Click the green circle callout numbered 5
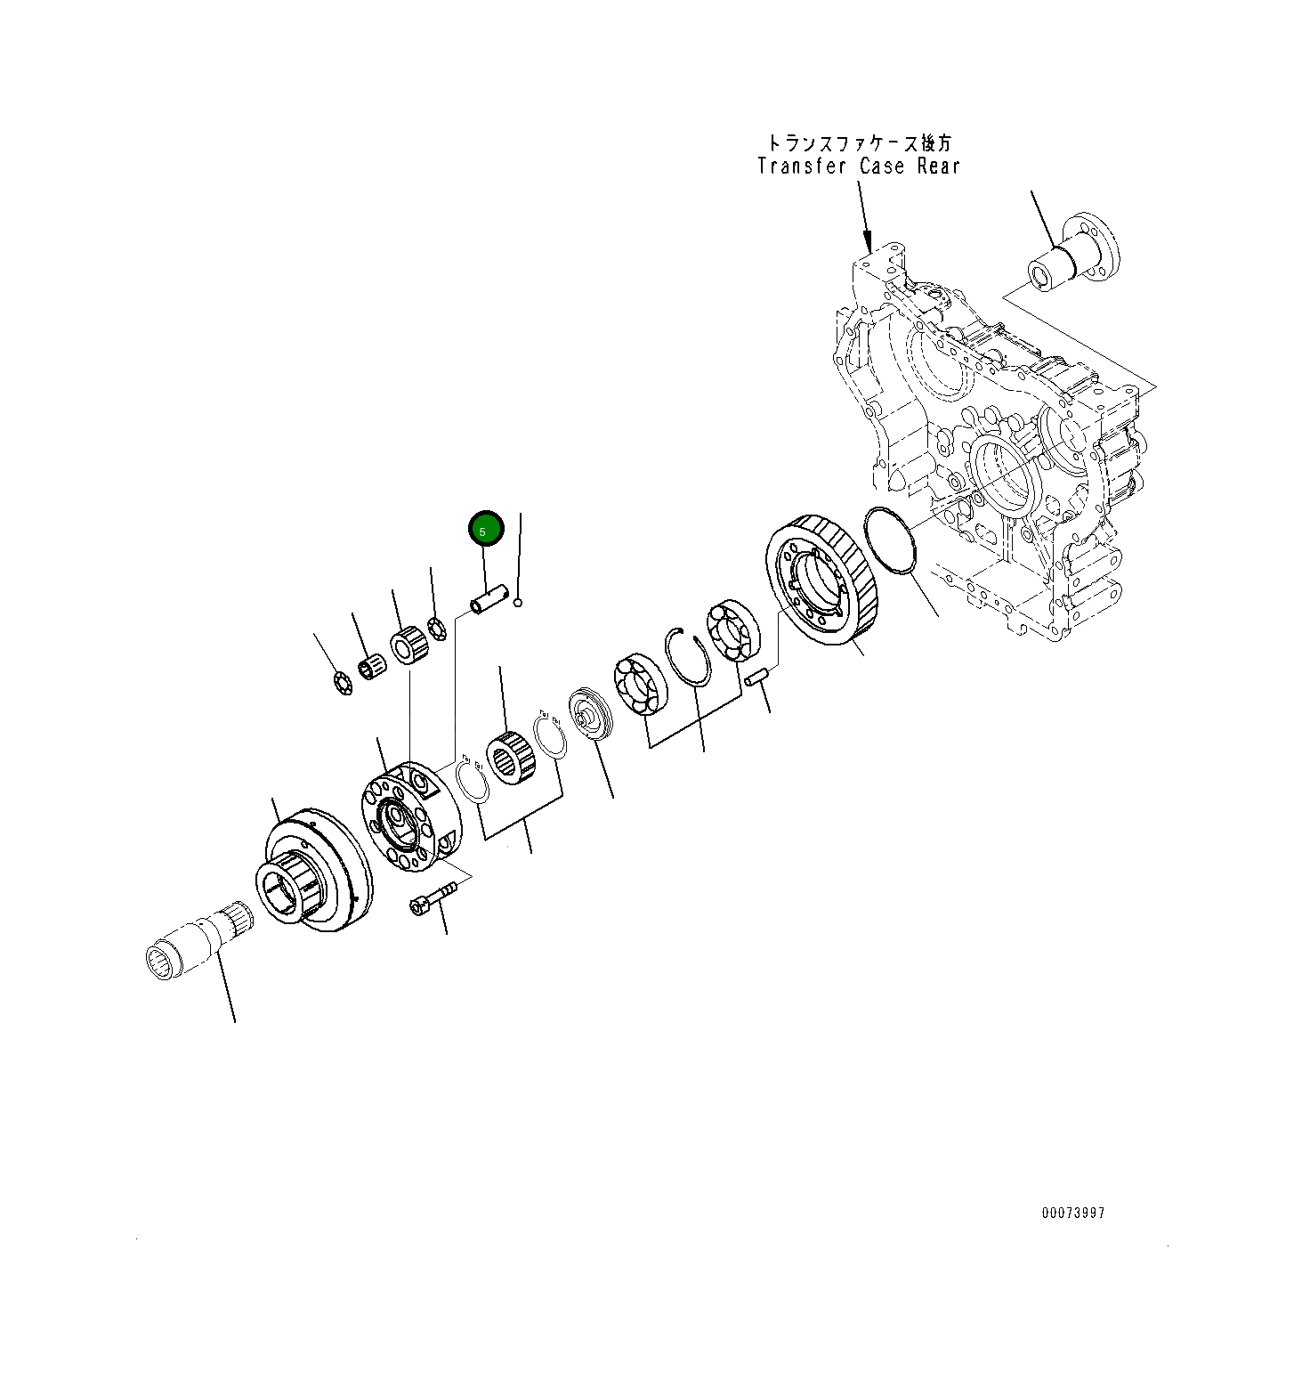[x=486, y=530]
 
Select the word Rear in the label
[x=937, y=166]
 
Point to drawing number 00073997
[x=1073, y=1214]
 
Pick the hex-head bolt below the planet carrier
[x=431, y=896]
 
